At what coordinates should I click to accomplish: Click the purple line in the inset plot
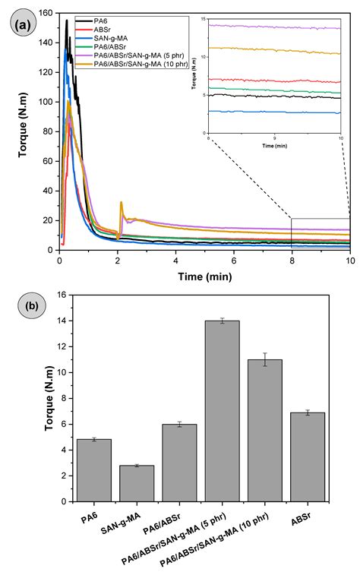click(273, 27)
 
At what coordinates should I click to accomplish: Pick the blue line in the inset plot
click(273, 112)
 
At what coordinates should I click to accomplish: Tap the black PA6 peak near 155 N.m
click(67, 21)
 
